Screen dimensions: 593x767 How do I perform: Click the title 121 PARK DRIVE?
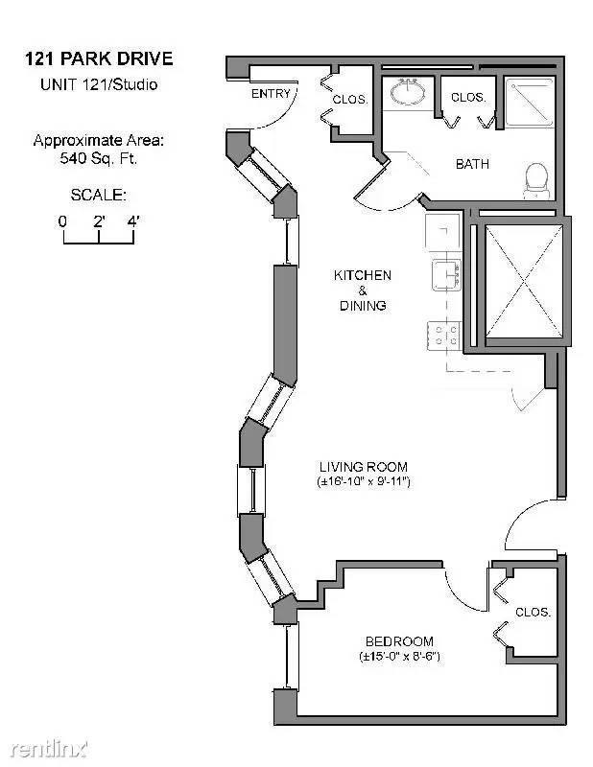pyautogui.click(x=99, y=59)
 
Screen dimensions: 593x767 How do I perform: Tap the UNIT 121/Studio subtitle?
pyautogui.click(x=99, y=84)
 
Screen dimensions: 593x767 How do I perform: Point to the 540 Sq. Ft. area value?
pyautogui.click(x=99, y=158)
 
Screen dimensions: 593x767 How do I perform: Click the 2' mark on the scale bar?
pyautogui.click(x=99, y=221)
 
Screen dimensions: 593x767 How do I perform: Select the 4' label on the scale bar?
pyautogui.click(x=133, y=221)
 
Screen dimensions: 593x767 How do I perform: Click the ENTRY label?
pyautogui.click(x=271, y=93)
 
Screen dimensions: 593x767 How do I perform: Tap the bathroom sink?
pyautogui.click(x=408, y=91)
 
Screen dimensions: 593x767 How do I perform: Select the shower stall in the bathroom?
pyautogui.click(x=530, y=103)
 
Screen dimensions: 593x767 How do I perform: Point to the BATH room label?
pyautogui.click(x=472, y=164)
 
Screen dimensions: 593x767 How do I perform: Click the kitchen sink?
pyautogui.click(x=446, y=275)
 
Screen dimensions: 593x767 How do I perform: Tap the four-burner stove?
pyautogui.click(x=444, y=336)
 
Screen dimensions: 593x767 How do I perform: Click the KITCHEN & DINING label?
pyautogui.click(x=363, y=291)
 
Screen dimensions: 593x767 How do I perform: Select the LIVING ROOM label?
pyautogui.click(x=364, y=467)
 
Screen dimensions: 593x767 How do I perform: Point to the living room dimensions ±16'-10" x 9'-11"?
pyautogui.click(x=364, y=482)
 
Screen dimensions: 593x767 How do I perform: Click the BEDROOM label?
pyautogui.click(x=399, y=641)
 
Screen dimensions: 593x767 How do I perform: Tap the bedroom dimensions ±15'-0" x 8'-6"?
pyautogui.click(x=399, y=657)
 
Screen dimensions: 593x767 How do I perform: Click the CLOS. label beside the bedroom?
pyautogui.click(x=533, y=612)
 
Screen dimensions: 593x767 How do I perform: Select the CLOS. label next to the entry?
pyautogui.click(x=350, y=100)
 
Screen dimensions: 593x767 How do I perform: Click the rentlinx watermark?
pyautogui.click(x=49, y=749)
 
